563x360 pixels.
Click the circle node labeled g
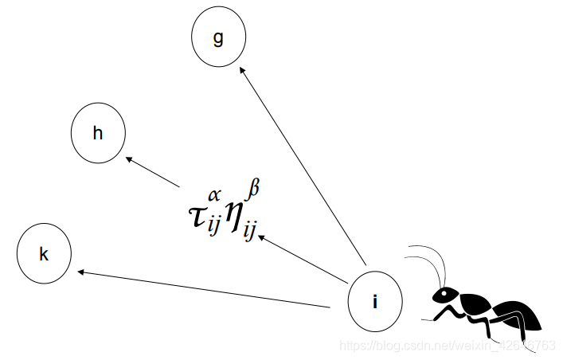coord(219,38)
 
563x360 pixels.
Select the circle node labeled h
coord(98,133)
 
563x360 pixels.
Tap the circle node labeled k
coord(45,254)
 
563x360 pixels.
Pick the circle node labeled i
coord(375,302)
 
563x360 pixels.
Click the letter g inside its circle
coord(218,38)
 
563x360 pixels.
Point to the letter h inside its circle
coord(98,133)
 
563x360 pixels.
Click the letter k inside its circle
coord(45,255)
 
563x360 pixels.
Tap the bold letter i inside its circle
coord(375,302)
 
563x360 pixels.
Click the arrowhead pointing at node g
coord(244,72)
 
